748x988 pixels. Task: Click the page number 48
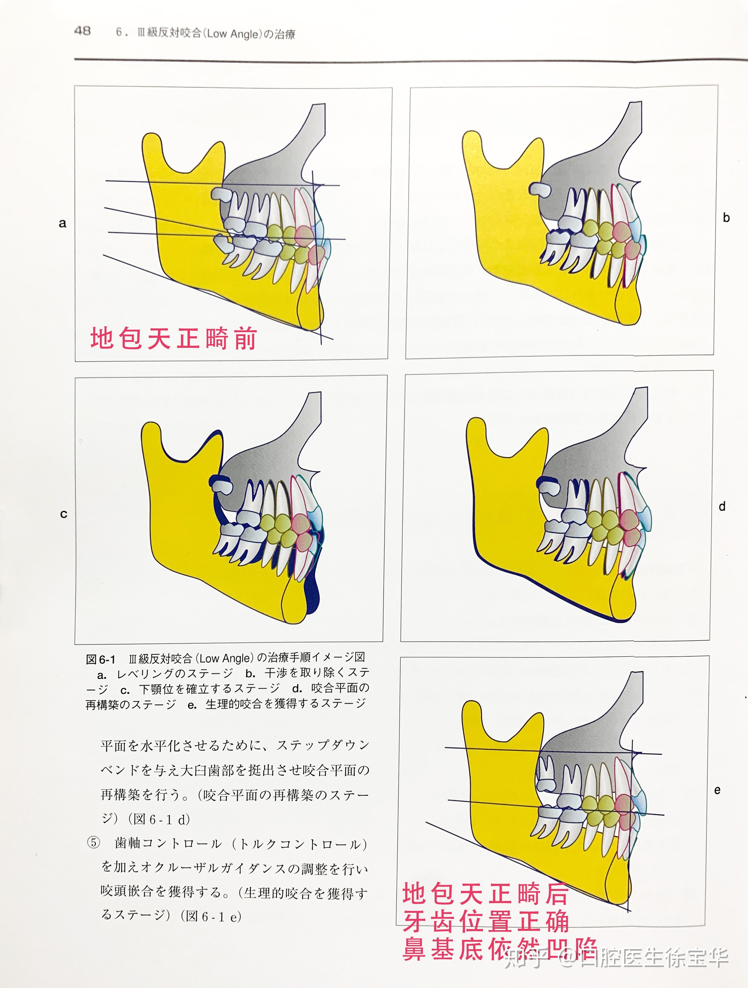[82, 31]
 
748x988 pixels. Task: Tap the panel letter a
[63, 223]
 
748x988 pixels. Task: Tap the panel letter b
[726, 218]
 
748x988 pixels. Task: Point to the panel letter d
[722, 507]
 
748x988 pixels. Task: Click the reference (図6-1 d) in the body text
[159, 820]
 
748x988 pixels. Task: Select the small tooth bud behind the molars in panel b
[541, 189]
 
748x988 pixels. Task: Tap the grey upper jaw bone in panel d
[581, 465]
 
